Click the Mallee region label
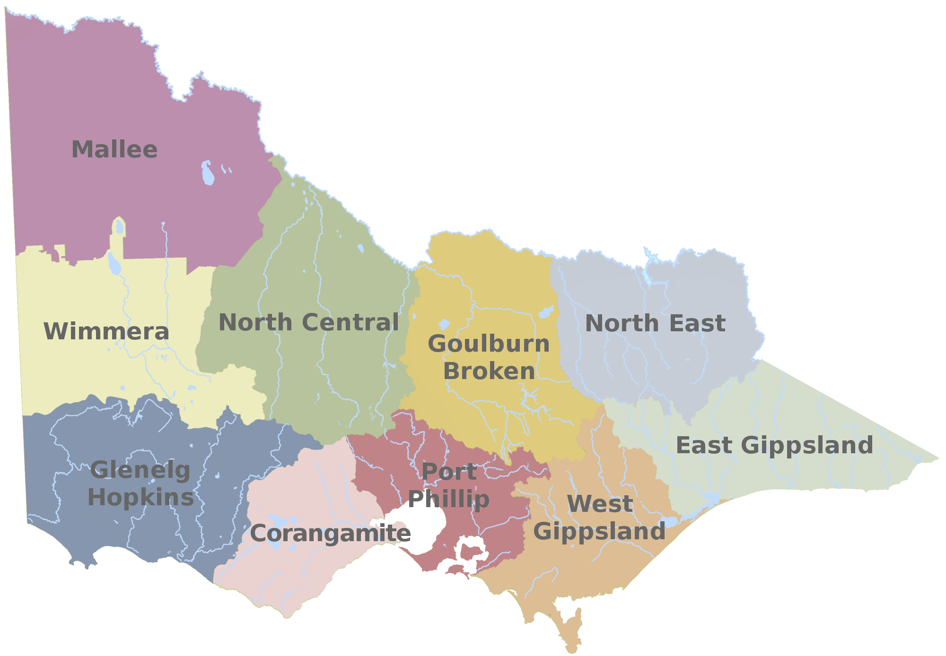[114, 150]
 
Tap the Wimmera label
[106, 331]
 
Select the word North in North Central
[255, 323]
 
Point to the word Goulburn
[489, 344]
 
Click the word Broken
[489, 371]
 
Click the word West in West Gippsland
[600, 504]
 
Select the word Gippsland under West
[599, 532]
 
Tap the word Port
[449, 472]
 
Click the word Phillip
[449, 500]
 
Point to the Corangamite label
[330, 534]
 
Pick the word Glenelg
[140, 470]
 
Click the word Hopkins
[141, 498]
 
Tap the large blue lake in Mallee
[208, 173]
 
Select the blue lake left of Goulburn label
[444, 324]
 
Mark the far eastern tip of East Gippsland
[937, 457]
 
